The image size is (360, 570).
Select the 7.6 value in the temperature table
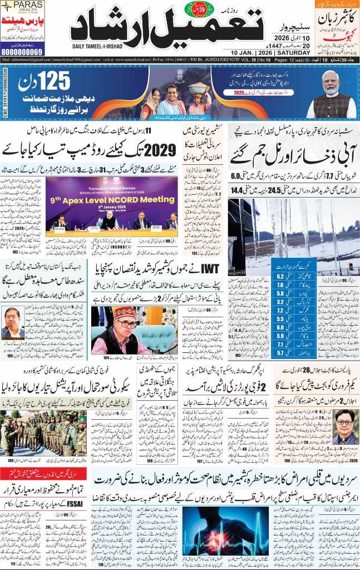point(281,285)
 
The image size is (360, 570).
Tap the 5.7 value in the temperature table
point(281,352)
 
